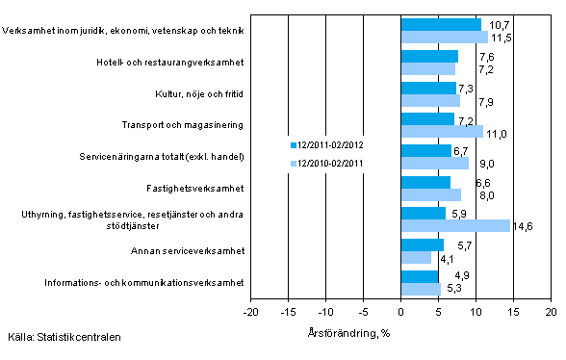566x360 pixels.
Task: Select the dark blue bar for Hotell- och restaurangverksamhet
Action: pos(429,56)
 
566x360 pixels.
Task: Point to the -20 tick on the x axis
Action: pos(251,312)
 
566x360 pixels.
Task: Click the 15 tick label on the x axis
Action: pos(513,312)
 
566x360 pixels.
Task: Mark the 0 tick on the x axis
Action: pos(400,312)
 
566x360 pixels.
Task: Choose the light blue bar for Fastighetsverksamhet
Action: pos(430,194)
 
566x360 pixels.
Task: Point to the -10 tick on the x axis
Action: pos(326,312)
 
